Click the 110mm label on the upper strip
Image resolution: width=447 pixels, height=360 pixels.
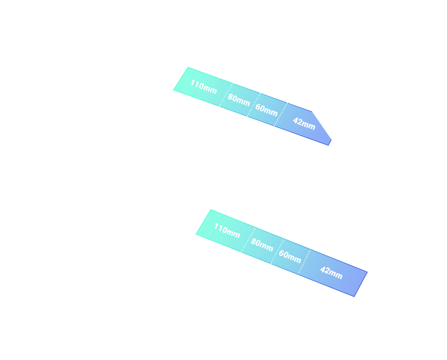coord(204,87)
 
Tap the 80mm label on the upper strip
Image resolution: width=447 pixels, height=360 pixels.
coord(239,100)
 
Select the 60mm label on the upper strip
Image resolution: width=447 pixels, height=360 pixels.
coord(267,110)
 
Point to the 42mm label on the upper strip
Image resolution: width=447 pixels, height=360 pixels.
coord(304,124)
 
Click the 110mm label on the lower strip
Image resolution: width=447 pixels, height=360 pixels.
coord(227,231)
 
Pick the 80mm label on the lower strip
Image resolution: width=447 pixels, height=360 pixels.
coord(262,245)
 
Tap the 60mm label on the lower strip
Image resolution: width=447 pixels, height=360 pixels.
coord(290,256)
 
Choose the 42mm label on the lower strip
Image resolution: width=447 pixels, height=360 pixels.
coord(331,273)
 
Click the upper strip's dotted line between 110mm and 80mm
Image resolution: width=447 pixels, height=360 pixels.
coord(226,94)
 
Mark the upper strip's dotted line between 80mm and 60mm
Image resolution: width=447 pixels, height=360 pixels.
coord(254,105)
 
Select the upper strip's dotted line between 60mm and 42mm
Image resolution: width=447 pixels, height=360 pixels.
coord(281,114)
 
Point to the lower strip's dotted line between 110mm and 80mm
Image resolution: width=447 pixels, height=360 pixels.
coord(248,240)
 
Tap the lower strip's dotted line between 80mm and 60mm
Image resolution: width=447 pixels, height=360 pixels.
coord(277,251)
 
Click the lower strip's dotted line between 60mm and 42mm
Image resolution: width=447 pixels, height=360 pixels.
coord(304,262)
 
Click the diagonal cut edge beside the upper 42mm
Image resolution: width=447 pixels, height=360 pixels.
coord(322,125)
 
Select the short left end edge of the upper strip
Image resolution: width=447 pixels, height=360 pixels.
coord(180,78)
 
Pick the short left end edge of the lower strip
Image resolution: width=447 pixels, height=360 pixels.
coord(204,222)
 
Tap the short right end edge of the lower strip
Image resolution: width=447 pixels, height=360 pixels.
coord(361,285)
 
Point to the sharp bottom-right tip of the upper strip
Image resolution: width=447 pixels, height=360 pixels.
coord(328,146)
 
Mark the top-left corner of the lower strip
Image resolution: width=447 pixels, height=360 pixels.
coord(211,209)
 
